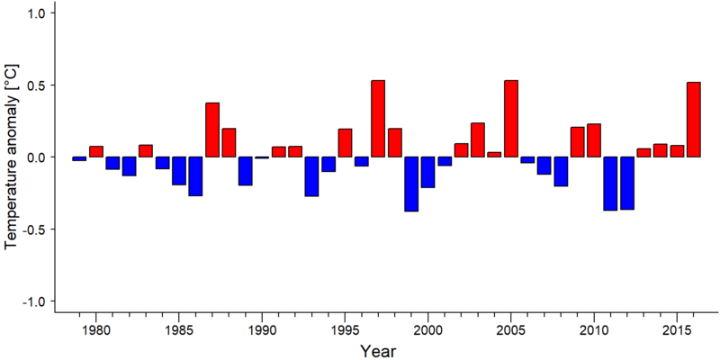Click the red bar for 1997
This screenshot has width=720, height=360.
tap(378, 119)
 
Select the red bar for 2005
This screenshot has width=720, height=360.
tap(511, 119)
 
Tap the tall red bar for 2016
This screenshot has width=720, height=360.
tap(694, 120)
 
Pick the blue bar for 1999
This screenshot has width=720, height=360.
tap(411, 184)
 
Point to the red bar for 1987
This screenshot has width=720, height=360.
tap(212, 130)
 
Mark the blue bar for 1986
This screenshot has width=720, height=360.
tap(195, 176)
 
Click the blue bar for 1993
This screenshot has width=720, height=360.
tap(311, 176)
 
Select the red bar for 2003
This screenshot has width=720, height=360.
tap(478, 140)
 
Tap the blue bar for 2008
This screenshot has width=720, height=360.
tap(561, 172)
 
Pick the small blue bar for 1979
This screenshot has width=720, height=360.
tap(79, 159)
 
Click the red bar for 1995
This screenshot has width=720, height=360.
tap(345, 143)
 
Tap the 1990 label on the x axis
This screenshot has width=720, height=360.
tap(262, 330)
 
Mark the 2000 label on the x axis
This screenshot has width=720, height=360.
tap(428, 330)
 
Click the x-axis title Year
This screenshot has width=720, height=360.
tap(377, 351)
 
